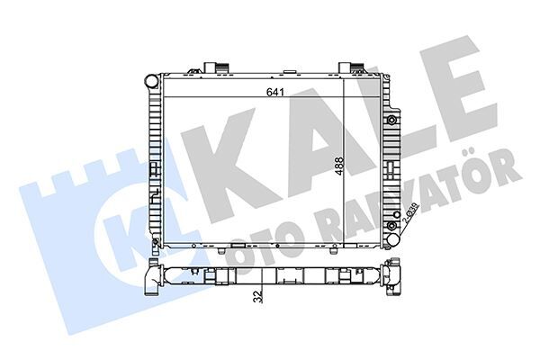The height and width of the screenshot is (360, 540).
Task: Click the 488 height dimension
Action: point(340,170)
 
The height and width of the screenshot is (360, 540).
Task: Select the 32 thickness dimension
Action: point(258,294)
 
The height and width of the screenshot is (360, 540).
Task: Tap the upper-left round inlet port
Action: point(149,80)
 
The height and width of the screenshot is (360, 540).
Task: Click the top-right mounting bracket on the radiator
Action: point(349,67)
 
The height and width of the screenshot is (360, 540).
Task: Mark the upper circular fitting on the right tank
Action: point(391,120)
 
